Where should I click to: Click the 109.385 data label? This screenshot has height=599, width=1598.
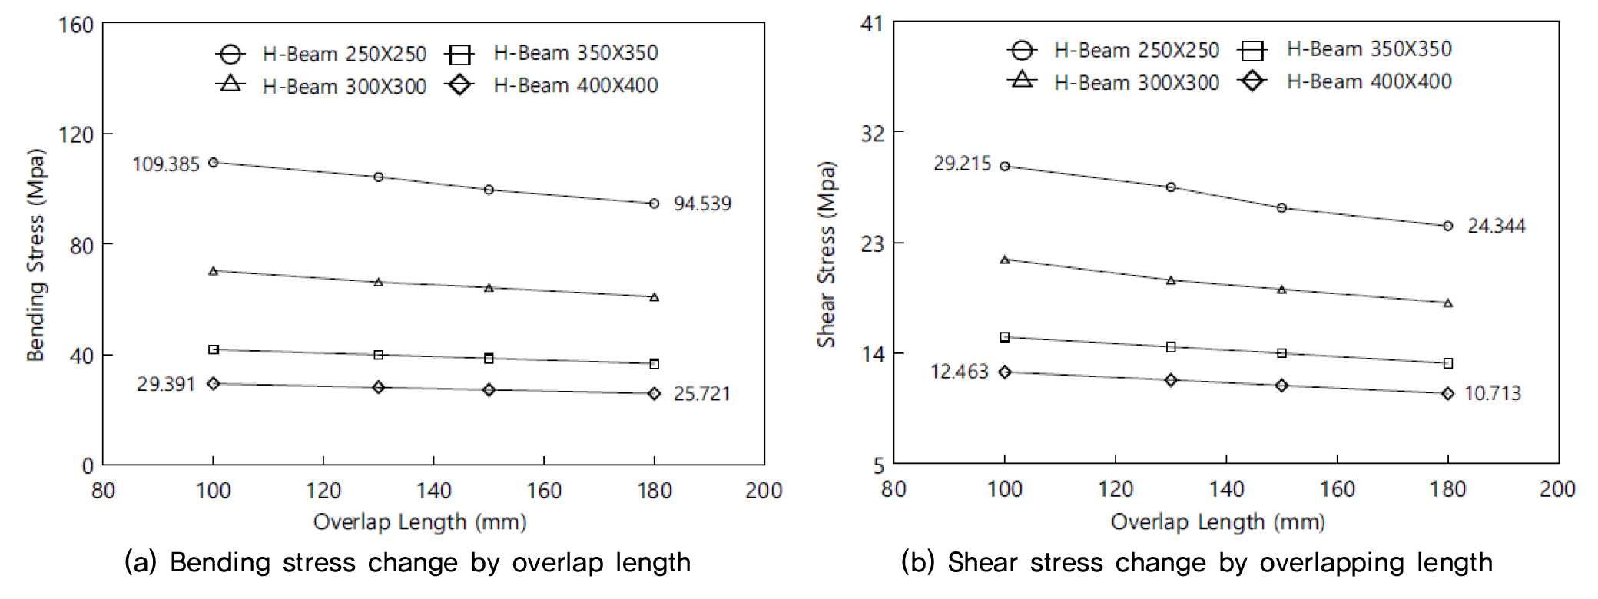tap(166, 164)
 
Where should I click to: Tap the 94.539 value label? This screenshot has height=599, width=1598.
tap(702, 204)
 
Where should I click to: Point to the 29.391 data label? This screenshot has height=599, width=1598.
tap(166, 384)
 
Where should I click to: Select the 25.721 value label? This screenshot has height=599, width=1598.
tap(701, 394)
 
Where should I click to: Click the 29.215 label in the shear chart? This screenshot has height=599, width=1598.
tap(962, 164)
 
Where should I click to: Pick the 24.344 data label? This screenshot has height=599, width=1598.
tap(1496, 226)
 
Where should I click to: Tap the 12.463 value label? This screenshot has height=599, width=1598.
tap(959, 372)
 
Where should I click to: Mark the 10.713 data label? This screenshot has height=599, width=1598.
tap(1492, 393)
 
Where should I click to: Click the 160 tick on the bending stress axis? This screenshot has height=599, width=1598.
tap(76, 25)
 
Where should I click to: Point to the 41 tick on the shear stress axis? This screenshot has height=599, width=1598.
tap(872, 24)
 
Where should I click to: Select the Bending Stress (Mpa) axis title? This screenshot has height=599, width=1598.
tap(36, 255)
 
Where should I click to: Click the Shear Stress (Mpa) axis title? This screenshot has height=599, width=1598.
tap(826, 254)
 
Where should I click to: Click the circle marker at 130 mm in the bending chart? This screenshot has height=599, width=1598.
tap(378, 177)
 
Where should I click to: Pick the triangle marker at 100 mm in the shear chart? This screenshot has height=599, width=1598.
tap(1004, 260)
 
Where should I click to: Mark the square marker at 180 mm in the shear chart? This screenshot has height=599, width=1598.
tap(1447, 363)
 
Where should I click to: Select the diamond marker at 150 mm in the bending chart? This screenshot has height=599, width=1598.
tap(489, 390)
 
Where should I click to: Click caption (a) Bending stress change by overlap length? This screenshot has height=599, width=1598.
tap(407, 562)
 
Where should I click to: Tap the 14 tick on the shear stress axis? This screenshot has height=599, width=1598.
tap(872, 354)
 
